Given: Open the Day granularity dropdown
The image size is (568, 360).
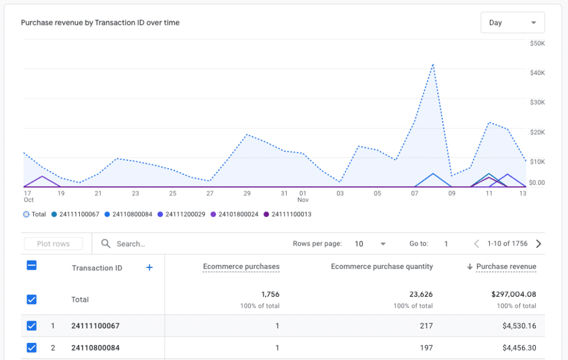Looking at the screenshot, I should point(512,23).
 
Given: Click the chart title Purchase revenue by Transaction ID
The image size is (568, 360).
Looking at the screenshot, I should point(100,23).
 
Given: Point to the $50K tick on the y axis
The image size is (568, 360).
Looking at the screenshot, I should point(537,43).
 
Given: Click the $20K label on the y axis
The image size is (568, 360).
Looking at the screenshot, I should point(537,132).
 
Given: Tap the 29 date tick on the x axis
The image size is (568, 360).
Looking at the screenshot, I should point(247,194).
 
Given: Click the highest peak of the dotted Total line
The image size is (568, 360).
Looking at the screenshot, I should point(433,64).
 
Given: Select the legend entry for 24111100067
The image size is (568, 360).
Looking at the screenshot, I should point(75,214).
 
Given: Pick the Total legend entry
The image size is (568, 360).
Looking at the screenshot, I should point(35,214).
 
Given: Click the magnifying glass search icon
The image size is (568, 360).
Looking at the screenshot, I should point(105,244).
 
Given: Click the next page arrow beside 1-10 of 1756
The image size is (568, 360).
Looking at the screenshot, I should point(538,244).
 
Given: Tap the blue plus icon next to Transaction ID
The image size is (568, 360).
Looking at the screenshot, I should point(149,267).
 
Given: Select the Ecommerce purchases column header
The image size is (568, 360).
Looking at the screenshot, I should point(241,267).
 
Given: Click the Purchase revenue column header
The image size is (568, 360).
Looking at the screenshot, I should point(505,267).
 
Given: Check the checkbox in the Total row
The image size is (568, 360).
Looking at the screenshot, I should point(32,299).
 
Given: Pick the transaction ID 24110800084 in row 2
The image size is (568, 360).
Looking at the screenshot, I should point(95,348).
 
